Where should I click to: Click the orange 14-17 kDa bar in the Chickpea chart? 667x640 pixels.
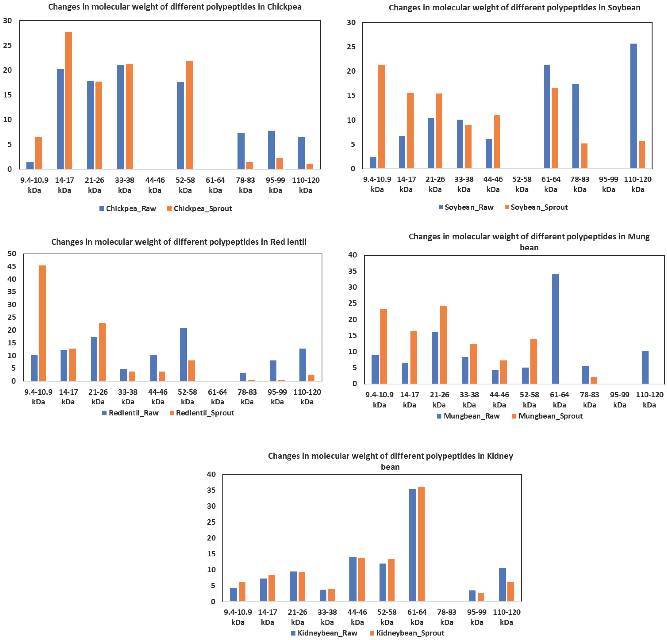69,101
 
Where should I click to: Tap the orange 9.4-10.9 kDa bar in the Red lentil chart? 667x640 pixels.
43,323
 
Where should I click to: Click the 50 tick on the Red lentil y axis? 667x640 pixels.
12,253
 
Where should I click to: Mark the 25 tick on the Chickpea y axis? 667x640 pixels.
7,45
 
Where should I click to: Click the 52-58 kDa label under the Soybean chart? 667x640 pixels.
522,184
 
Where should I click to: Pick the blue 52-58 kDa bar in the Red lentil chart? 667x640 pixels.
183,354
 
